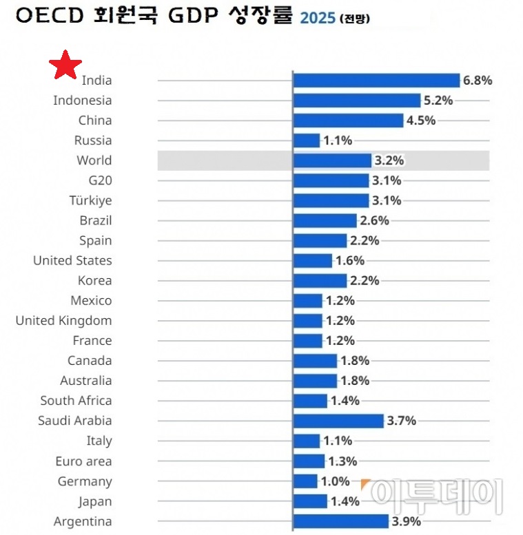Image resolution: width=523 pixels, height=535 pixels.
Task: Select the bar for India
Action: [376, 81]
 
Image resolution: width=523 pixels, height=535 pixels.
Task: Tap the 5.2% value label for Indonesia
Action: [438, 101]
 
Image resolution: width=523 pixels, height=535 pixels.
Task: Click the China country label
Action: [94, 120]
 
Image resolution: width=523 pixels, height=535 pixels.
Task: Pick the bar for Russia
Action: [307, 140]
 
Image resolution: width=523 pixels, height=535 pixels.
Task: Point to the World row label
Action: [94, 160]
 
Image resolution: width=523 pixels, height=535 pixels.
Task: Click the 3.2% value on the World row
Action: [389, 160]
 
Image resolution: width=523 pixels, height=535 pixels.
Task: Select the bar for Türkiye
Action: [331, 200]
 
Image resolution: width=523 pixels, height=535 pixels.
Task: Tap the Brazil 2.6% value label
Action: [374, 221]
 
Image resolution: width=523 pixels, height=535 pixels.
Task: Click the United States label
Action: [72, 261]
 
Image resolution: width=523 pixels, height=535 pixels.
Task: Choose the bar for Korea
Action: [320, 281]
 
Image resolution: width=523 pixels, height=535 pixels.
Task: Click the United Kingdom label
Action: [63, 321]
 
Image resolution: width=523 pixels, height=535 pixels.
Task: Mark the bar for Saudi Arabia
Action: [338, 421]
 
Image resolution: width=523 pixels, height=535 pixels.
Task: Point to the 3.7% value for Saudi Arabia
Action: [402, 421]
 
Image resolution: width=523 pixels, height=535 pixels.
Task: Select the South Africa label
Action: [76, 401]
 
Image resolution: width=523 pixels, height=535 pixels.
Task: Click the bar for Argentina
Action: [341, 521]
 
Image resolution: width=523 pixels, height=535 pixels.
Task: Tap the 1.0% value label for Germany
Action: [336, 481]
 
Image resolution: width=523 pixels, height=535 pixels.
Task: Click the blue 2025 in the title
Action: [316, 19]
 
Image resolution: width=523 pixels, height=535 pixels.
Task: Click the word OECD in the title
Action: [46, 17]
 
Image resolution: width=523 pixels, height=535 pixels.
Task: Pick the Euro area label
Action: [83, 461]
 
